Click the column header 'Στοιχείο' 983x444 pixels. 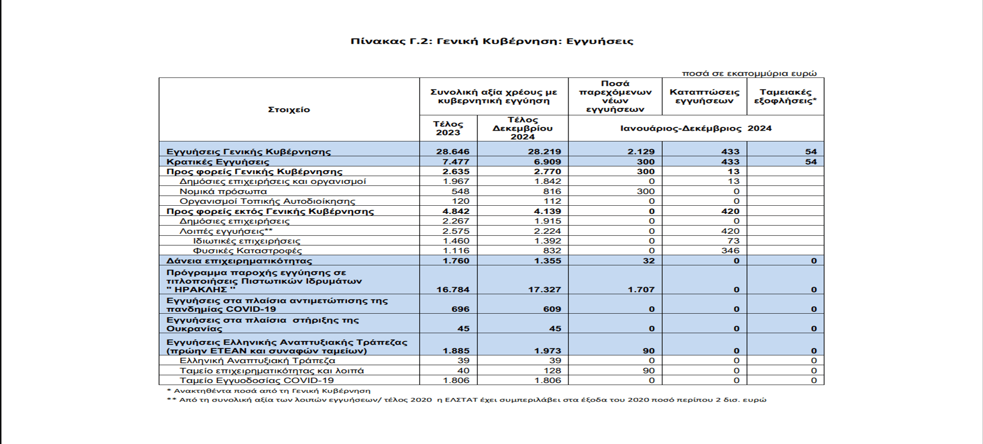coord(289,110)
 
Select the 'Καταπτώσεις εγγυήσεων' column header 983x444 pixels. coord(704,96)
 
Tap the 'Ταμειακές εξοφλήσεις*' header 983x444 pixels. coord(785,96)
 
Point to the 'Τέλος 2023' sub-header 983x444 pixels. coord(448,128)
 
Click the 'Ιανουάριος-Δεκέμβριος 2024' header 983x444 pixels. coord(696,128)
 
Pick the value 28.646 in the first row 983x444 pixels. coord(453,152)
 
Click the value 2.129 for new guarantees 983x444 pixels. coord(641,152)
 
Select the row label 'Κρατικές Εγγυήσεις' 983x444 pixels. coord(218,162)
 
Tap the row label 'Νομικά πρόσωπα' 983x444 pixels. coord(223,192)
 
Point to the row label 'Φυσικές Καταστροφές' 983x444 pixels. coord(247,251)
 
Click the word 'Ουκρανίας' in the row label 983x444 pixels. coord(194,329)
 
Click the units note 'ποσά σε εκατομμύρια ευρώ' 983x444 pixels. coord(749,74)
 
